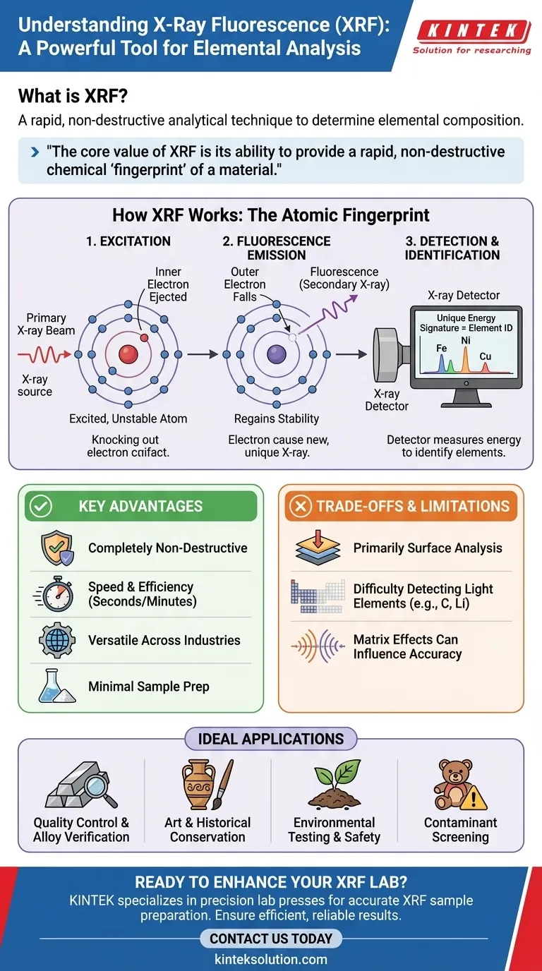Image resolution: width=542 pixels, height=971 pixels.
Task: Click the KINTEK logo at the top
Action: click(x=473, y=31)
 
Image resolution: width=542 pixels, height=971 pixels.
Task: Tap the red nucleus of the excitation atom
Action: click(x=128, y=354)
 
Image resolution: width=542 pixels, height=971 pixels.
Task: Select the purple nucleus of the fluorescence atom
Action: click(x=277, y=354)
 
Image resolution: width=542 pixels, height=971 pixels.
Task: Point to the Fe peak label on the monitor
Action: click(x=441, y=348)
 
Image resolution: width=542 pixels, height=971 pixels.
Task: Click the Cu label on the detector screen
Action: click(x=485, y=356)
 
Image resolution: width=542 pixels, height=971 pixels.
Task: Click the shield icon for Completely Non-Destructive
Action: click(x=56, y=548)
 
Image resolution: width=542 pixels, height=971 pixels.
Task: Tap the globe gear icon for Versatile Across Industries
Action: click(x=56, y=641)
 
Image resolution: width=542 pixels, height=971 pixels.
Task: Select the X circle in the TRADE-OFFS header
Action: click(x=301, y=506)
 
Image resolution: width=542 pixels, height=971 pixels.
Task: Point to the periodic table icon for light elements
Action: click(x=317, y=595)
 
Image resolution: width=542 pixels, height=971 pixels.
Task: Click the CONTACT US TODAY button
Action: click(x=270, y=939)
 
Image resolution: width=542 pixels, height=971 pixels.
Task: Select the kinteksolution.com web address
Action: click(x=270, y=959)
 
